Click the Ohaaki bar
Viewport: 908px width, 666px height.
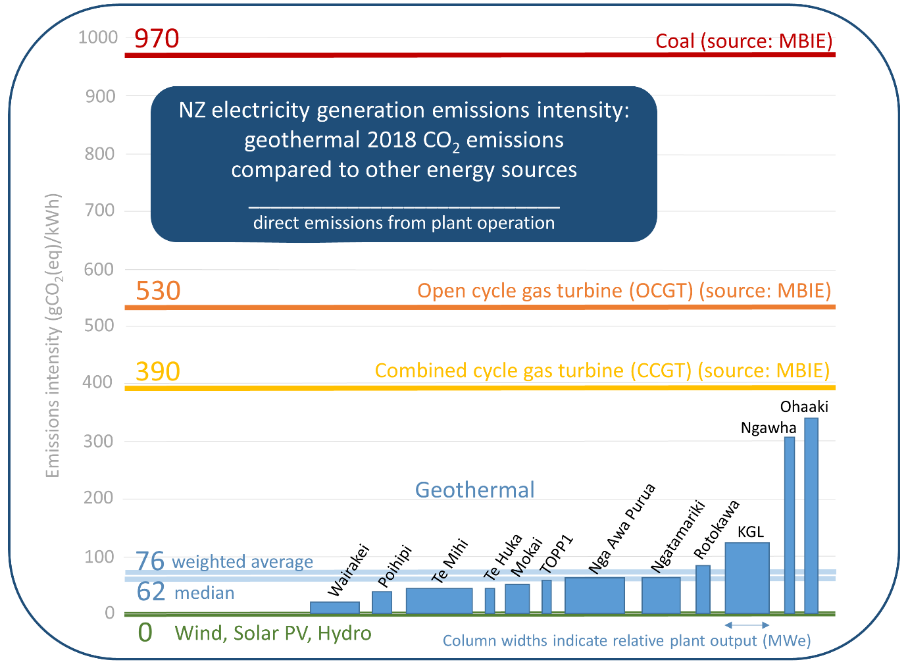[811, 516]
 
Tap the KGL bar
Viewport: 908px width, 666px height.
[747, 578]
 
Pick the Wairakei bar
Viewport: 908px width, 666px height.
[334, 607]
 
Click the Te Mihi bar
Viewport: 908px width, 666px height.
[439, 600]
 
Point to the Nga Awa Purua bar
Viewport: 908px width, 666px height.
[594, 595]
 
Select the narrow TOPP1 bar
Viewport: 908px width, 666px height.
[547, 596]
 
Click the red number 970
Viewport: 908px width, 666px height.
[157, 39]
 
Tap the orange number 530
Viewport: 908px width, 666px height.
[158, 291]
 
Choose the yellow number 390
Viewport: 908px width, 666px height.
[158, 372]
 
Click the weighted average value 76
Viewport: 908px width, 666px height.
[150, 561]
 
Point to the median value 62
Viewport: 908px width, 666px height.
[151, 592]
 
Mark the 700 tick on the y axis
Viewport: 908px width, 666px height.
[101, 211]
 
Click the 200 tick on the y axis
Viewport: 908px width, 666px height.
[101, 498]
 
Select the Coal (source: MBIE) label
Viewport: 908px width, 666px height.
[744, 41]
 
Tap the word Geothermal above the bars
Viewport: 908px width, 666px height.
[474, 490]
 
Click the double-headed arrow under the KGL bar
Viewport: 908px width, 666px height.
[747, 625]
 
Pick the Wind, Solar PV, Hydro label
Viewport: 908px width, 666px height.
[273, 633]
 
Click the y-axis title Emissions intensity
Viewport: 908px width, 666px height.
[53, 336]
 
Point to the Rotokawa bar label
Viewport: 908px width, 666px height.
[717, 530]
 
